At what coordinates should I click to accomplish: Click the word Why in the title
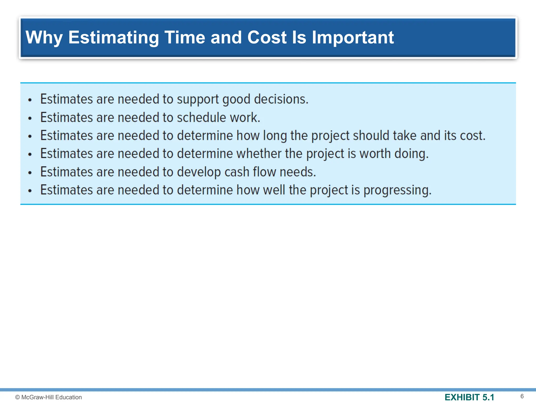44,37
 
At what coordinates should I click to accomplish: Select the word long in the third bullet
275,136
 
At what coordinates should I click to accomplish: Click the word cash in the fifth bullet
237,172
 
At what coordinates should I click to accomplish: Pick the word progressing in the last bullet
397,190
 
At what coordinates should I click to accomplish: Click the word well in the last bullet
274,190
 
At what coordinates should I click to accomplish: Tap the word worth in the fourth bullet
375,154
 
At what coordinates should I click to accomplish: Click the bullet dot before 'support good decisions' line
30,100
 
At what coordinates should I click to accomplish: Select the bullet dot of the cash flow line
30,173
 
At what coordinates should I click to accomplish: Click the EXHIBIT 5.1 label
469,397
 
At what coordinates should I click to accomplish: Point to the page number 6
522,396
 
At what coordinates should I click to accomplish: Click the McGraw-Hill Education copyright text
51,397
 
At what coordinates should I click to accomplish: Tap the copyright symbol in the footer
18,397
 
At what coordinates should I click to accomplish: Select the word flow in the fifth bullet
264,172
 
